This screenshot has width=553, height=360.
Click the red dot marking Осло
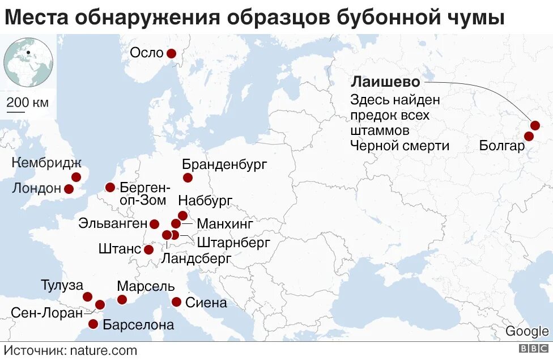[171, 53]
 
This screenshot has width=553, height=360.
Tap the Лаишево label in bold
[385, 82]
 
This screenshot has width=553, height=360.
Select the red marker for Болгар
[529, 136]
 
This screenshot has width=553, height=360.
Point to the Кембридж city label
[46, 163]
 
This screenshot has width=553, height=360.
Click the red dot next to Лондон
[69, 189]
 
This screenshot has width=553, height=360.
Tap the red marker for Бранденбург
[188, 178]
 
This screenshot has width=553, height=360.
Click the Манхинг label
[226, 223]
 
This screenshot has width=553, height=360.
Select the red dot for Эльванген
[154, 224]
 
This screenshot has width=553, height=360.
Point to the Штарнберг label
[233, 243]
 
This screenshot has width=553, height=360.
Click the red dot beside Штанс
[148, 249]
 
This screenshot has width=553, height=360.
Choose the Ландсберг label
[196, 259]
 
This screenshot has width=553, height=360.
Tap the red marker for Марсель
[122, 299]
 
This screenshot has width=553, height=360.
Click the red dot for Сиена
[176, 302]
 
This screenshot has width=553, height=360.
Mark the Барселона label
[138, 325]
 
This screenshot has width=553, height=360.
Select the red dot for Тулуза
[87, 297]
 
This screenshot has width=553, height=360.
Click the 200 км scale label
[27, 103]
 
